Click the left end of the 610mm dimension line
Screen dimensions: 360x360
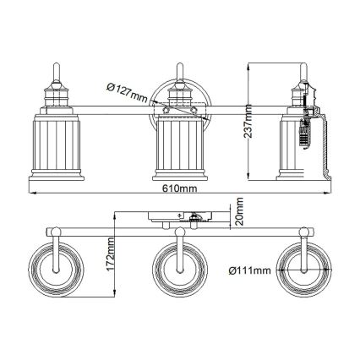tap(30, 195)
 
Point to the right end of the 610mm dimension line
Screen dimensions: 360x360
tap(329, 195)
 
